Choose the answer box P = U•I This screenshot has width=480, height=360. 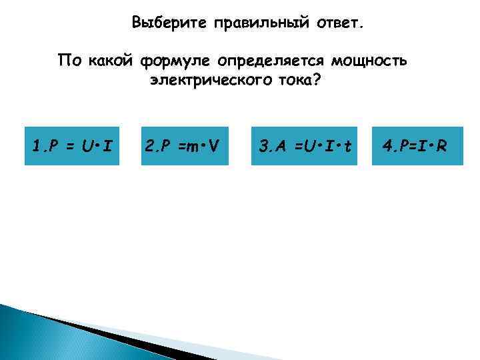72,145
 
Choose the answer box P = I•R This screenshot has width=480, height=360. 415,145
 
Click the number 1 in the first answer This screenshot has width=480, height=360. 36,145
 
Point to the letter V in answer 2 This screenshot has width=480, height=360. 213,145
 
